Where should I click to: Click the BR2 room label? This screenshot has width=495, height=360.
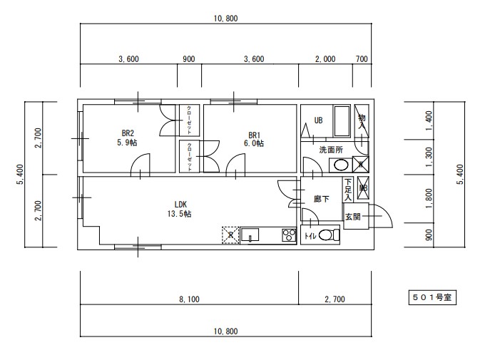click(x=128, y=133)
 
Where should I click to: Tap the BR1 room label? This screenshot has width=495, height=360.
click(x=255, y=135)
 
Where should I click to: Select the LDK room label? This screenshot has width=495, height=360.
click(x=179, y=203)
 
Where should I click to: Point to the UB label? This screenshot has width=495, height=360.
click(x=318, y=120)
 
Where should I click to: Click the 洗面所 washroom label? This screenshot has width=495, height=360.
click(x=330, y=150)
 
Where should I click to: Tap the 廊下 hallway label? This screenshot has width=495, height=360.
click(x=322, y=199)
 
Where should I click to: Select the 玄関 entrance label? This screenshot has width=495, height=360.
click(x=352, y=216)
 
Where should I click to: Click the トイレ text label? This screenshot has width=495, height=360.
click(x=310, y=236)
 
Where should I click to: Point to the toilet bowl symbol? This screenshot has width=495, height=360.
click(x=327, y=235)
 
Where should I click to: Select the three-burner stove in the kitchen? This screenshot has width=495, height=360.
click(x=288, y=235)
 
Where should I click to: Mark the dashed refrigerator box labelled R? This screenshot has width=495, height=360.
click(x=230, y=235)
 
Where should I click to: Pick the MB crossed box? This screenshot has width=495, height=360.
click(x=362, y=189)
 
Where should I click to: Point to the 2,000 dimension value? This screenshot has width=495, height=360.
click(x=325, y=59)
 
